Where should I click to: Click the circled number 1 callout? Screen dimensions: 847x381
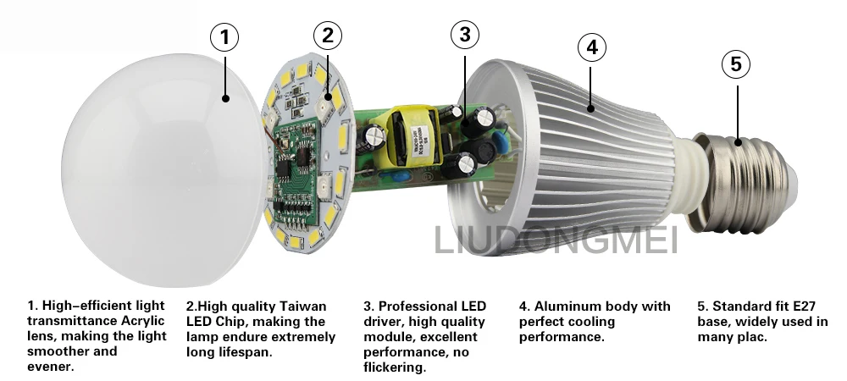[x=224, y=37]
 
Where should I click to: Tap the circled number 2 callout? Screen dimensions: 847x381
[x=328, y=36]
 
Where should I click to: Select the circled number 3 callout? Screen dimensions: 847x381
[x=465, y=35]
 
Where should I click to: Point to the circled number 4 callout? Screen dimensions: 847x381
[x=592, y=47]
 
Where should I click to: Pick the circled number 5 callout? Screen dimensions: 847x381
[x=736, y=63]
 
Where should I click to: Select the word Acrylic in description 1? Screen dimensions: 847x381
[x=142, y=321]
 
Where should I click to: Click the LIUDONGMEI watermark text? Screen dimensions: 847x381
[x=556, y=240]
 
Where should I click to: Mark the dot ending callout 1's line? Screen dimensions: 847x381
[x=226, y=98]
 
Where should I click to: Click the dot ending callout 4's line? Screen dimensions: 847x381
[x=591, y=109]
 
